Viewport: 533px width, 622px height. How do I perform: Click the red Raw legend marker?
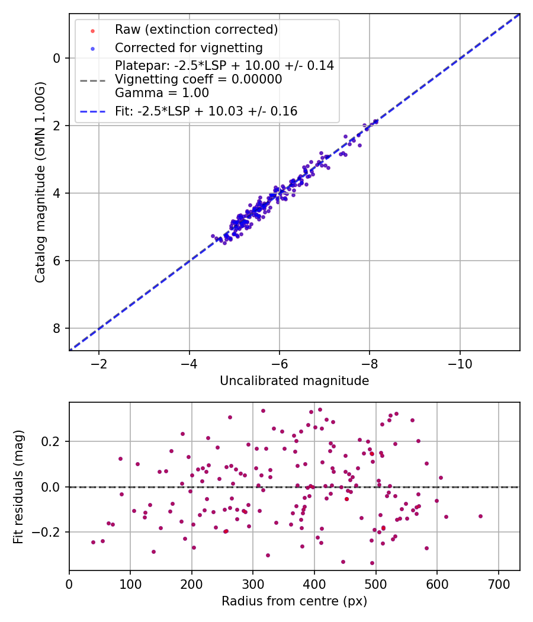92,31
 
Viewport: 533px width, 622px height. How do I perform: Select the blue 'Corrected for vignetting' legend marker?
92,49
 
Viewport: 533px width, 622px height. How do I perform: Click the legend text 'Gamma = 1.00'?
162,93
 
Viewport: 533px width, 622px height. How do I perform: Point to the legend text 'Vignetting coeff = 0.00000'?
198,79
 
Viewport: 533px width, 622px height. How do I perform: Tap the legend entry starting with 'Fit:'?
206,111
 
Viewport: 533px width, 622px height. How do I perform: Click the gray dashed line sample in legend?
92,81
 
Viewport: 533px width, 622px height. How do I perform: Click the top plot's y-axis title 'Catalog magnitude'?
40,182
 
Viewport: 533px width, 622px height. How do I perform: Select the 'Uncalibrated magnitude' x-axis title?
294,381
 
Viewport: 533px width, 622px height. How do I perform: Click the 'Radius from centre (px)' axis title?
294,601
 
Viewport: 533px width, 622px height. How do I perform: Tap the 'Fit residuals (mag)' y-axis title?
18,487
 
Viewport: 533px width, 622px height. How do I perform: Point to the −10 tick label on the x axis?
460,364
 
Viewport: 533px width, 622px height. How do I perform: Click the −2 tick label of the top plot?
99,364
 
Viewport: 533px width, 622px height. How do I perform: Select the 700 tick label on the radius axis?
499,584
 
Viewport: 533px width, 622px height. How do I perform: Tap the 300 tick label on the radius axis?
253,584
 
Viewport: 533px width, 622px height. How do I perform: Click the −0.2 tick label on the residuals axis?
47,532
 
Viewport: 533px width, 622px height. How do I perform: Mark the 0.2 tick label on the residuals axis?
51,441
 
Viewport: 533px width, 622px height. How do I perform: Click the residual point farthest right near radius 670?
480,516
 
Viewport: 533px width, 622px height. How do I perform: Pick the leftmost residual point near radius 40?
93,542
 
